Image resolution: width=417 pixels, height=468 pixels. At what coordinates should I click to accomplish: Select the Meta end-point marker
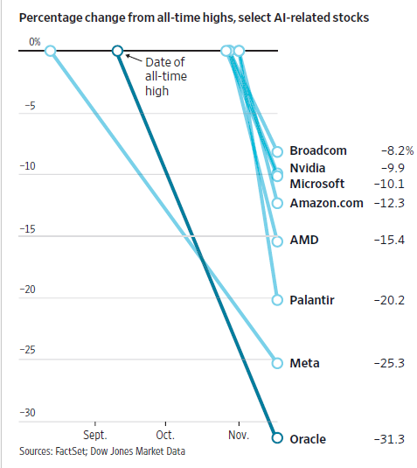[x=277, y=362]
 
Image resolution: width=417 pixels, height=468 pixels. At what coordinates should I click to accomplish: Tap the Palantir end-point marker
[x=277, y=300]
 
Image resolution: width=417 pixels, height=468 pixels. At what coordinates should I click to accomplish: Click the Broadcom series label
[x=318, y=150]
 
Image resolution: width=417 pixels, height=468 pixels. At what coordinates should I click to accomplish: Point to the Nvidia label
[x=309, y=167]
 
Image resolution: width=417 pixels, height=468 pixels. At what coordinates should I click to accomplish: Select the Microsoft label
[x=316, y=184]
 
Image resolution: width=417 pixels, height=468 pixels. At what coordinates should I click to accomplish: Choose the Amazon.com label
[x=324, y=203]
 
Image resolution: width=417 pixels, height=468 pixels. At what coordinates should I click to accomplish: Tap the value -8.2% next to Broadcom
[x=393, y=150]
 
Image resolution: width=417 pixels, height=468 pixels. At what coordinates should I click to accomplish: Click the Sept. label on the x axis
[x=95, y=434]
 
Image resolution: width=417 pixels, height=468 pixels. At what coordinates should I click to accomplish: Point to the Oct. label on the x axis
[x=165, y=434]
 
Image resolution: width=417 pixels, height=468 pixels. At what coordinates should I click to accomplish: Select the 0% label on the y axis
[x=34, y=42]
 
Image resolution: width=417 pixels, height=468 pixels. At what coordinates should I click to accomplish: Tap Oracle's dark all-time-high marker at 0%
[x=117, y=52]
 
